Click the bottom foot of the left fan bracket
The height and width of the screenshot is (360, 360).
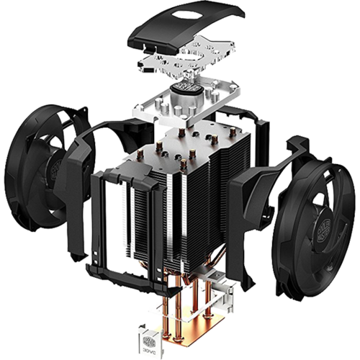pyautogui.click(x=94, y=270)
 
